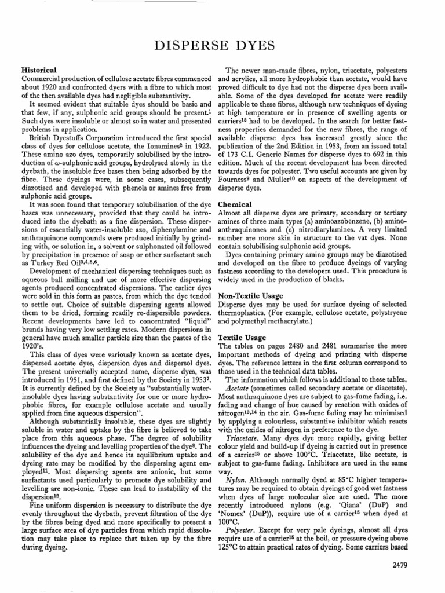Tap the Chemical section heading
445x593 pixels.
pos(234,204)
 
